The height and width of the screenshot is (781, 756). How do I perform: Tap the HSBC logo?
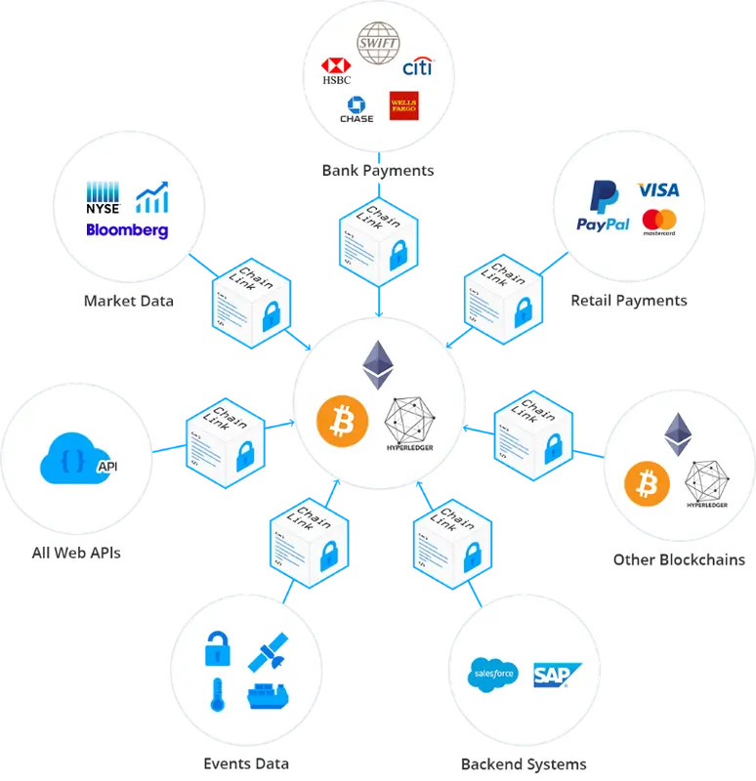coord(335,71)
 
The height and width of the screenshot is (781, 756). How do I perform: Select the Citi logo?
coord(417,66)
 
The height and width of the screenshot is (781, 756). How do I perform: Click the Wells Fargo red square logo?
coord(403,105)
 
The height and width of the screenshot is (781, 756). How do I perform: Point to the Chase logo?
coord(357,109)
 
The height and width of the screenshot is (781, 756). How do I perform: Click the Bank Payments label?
coord(378,171)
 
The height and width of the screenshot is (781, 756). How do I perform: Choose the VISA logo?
coord(657,189)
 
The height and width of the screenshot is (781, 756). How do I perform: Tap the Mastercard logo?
coord(659,223)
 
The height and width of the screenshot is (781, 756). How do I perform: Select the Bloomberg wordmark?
coord(127,231)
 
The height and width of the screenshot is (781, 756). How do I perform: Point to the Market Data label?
coord(129,301)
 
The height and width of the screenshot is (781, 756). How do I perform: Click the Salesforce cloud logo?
coord(492,675)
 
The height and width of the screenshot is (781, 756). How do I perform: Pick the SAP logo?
coord(557,675)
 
